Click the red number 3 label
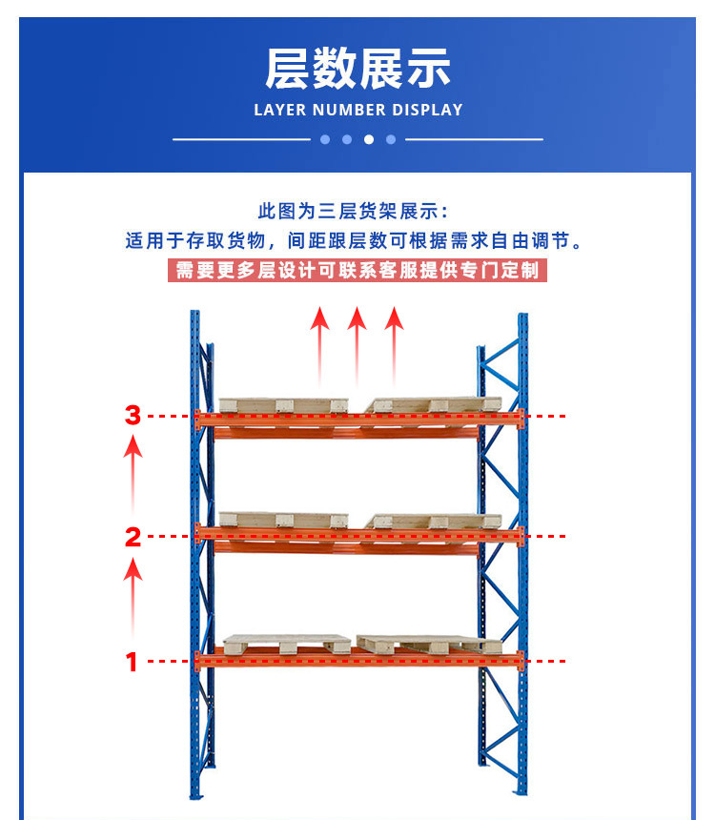(133, 415)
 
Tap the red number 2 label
(133, 537)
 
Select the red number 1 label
(132, 662)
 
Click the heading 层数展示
(357, 69)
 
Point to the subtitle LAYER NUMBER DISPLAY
(358, 110)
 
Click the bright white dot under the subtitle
(369, 139)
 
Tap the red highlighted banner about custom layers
(357, 271)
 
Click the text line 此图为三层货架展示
(353, 212)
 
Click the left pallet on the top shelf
(283, 405)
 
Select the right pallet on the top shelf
(434, 405)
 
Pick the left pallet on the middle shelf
(283, 520)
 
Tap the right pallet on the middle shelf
(434, 521)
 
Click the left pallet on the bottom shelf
(287, 645)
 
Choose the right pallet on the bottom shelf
(429, 645)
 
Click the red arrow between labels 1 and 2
(133, 597)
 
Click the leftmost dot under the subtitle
(325, 139)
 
